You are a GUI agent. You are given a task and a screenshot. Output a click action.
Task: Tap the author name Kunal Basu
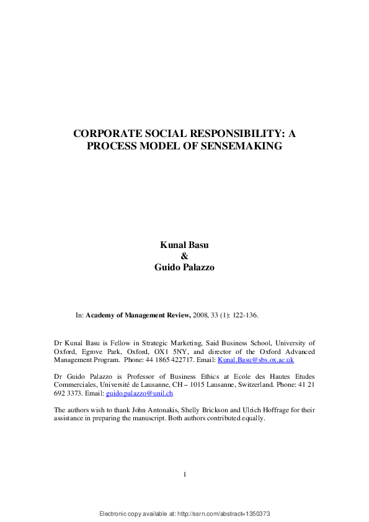coord(184,246)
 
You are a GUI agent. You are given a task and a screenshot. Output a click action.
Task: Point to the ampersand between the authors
coord(184,255)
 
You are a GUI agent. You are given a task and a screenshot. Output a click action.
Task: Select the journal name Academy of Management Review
coord(138,315)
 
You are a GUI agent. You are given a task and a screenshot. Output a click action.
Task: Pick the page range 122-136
coord(244,315)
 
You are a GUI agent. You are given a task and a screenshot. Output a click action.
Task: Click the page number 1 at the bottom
coord(185,475)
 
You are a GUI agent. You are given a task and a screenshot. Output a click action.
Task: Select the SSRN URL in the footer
coord(225,515)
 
